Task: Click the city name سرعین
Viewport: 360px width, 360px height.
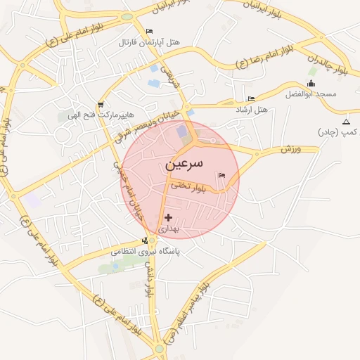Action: (x=184, y=164)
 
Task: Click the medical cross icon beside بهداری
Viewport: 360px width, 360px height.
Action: (x=168, y=218)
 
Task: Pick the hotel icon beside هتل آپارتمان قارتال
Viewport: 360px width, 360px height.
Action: (x=148, y=32)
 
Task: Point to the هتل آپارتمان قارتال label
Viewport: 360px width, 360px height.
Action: (x=150, y=43)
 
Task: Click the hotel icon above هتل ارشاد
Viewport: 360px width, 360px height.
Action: (x=251, y=98)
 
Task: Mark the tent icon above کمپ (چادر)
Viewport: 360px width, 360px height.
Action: (x=345, y=122)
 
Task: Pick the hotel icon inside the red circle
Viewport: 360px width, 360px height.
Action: (x=222, y=175)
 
